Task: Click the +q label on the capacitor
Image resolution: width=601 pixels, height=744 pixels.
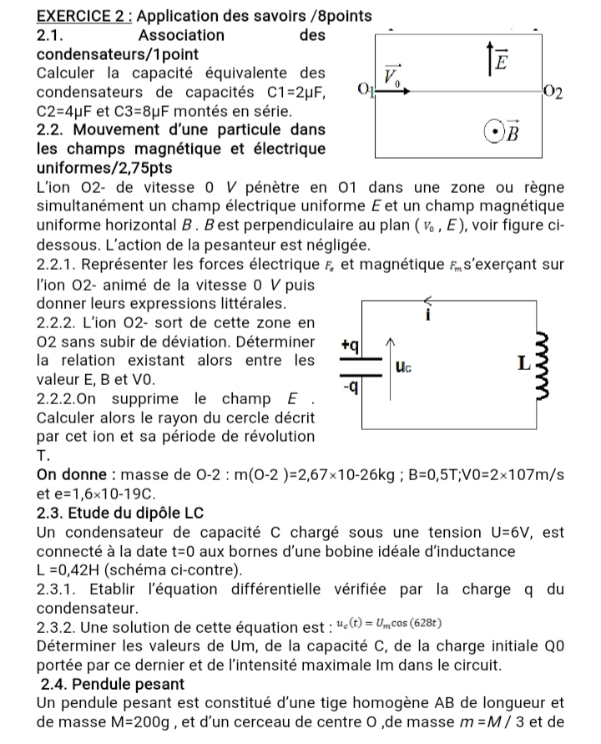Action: click(x=350, y=344)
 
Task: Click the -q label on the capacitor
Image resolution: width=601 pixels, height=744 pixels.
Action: click(x=350, y=389)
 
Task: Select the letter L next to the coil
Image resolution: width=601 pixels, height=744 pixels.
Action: click(x=523, y=364)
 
